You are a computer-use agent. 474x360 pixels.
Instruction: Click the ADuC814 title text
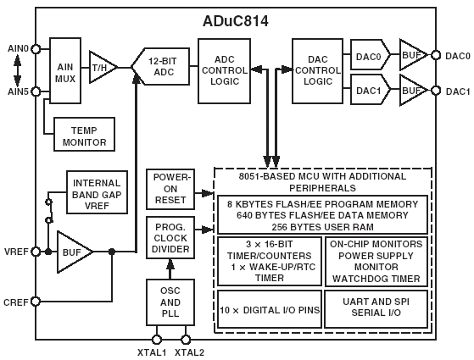click(x=236, y=21)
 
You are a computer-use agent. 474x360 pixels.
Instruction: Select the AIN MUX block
click(x=65, y=70)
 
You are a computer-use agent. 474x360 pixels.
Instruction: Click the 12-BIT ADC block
click(x=161, y=66)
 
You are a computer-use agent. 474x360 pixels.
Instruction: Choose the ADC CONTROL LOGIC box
click(x=225, y=71)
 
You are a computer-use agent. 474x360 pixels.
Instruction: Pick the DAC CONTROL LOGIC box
click(x=317, y=71)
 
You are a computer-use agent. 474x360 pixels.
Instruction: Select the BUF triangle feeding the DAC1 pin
click(x=414, y=91)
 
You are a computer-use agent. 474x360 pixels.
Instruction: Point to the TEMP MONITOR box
click(x=84, y=135)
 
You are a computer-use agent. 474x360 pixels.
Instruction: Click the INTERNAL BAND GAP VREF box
click(x=97, y=192)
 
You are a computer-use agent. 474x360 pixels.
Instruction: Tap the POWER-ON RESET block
click(x=170, y=190)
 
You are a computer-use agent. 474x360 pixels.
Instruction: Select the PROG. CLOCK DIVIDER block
click(x=170, y=238)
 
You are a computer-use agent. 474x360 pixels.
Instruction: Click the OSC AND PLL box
click(x=170, y=302)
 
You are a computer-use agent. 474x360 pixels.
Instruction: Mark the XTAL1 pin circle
click(x=157, y=340)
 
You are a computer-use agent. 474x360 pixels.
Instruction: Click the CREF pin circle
click(x=36, y=302)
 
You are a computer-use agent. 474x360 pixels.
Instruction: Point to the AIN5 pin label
click(x=18, y=91)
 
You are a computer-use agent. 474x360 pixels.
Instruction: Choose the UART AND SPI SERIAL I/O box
click(x=376, y=309)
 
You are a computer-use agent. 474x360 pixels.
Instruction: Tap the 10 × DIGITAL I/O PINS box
click(x=270, y=309)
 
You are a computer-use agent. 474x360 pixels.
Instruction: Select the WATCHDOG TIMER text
click(x=376, y=279)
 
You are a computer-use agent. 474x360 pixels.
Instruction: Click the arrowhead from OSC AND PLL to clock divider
click(x=170, y=264)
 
